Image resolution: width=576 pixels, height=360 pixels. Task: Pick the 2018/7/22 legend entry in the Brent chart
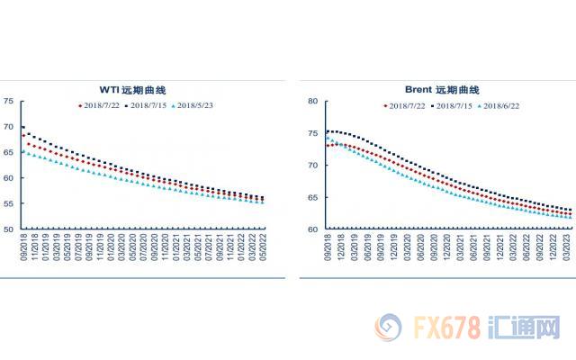tap(406, 105)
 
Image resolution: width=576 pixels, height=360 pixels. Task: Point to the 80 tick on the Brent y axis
tap(315, 102)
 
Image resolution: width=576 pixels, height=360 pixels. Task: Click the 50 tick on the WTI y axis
tap(8, 229)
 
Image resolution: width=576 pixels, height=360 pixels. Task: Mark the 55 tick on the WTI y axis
tap(8, 203)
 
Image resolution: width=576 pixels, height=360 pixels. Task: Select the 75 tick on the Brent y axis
tap(315, 133)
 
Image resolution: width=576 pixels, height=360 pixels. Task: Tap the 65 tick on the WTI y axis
tap(8, 152)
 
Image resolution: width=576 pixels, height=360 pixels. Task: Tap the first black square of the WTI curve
tap(22, 128)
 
